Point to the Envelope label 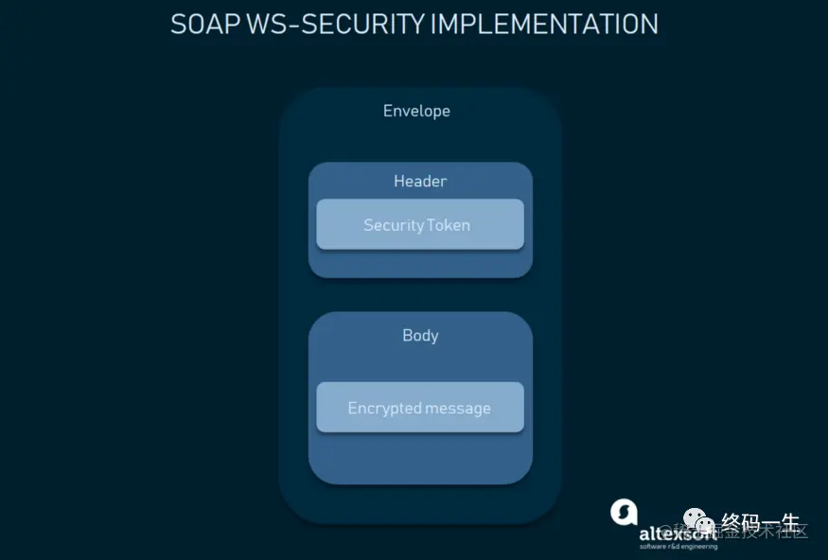coord(416,111)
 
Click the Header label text coord(420,181)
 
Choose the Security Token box coord(420,224)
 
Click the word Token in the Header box coord(448,225)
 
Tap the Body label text coord(420,335)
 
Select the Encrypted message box coord(420,408)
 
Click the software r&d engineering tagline coord(678,547)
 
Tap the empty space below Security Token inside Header coord(420,263)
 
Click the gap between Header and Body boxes coord(420,295)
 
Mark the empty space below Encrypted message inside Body coord(420,458)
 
